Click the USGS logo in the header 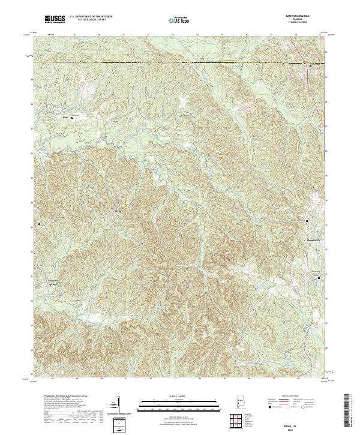coord(55,19)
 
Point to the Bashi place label coord(65,118)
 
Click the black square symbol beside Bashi coord(73,118)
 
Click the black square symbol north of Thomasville coord(308,221)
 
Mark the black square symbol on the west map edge coord(39,224)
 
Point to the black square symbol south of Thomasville coord(319,278)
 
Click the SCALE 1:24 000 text coord(172,396)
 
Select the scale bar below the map coord(172,403)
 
